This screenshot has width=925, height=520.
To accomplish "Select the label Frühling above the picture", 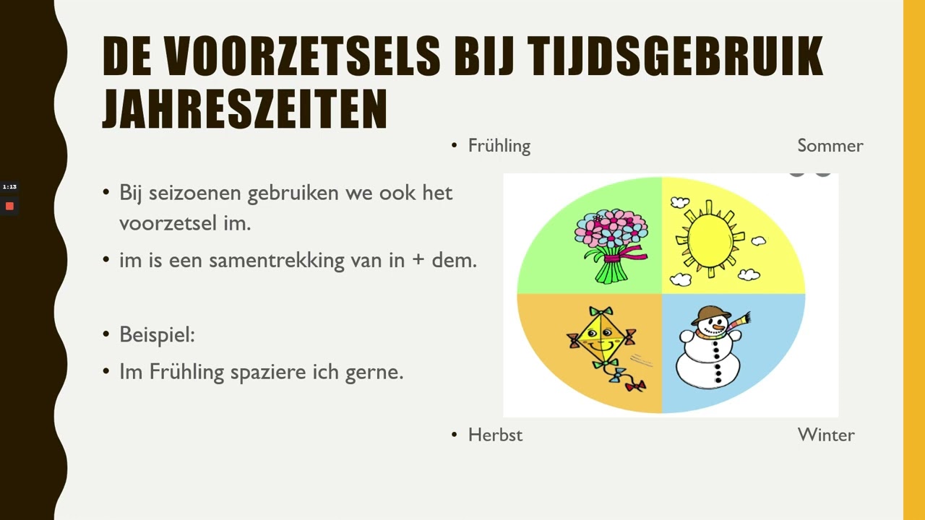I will click(499, 146).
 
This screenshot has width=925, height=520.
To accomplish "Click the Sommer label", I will click(830, 146).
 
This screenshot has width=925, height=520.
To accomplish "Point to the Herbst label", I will click(495, 435).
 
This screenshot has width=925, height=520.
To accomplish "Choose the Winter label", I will click(825, 435).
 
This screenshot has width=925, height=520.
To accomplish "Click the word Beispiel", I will click(157, 335).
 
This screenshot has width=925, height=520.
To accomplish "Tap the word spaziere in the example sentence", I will click(262, 372).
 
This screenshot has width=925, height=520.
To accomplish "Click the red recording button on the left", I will click(9, 207).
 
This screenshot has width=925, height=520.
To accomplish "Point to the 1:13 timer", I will click(9, 187).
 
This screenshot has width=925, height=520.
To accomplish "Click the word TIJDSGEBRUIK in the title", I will click(675, 56).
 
